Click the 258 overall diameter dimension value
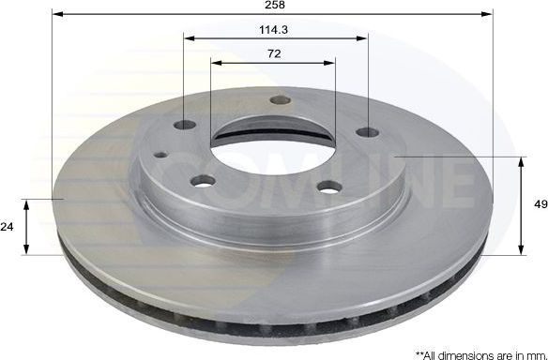pyautogui.click(x=274, y=6)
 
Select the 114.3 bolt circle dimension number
pyautogui.click(x=274, y=29)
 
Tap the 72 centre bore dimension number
pyautogui.click(x=274, y=53)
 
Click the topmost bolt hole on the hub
pyautogui.click(x=276, y=101)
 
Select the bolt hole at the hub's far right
pyautogui.click(x=367, y=131)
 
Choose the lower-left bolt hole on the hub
pyautogui.click(x=201, y=182)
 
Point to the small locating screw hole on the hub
pyautogui.click(x=160, y=154)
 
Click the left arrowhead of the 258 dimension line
pyautogui.click(x=57, y=15)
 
